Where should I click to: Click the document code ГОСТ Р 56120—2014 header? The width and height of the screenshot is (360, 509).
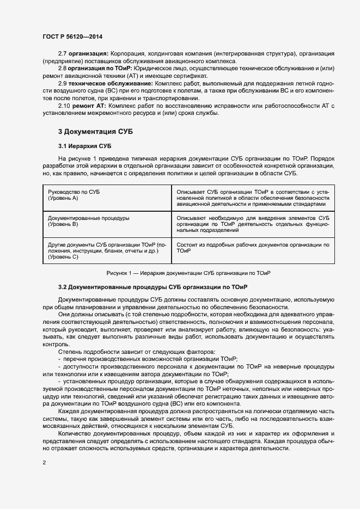click(x=72, y=37)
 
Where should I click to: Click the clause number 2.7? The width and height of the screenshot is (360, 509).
click(x=63, y=54)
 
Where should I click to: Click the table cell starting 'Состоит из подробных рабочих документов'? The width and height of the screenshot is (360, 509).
click(x=253, y=248)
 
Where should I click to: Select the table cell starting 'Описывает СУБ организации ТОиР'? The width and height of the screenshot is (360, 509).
click(x=253, y=199)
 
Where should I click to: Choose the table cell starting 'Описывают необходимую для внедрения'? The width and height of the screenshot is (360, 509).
click(x=253, y=224)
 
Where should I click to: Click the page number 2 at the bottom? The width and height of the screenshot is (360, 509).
click(x=44, y=463)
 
